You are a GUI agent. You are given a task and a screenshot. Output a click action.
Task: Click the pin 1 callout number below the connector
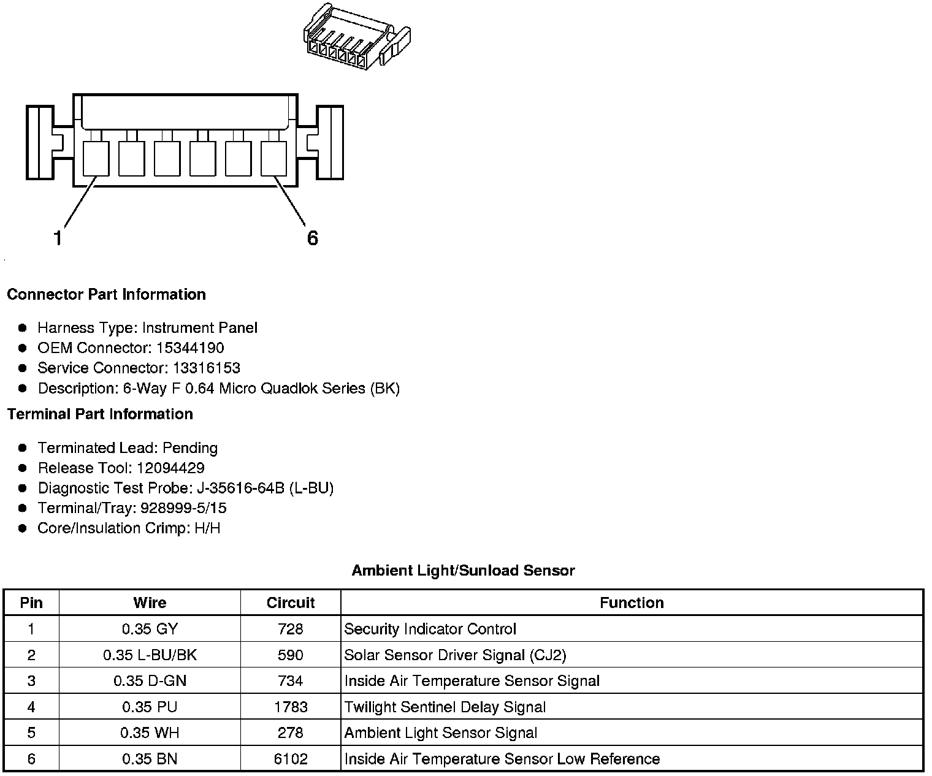(58, 238)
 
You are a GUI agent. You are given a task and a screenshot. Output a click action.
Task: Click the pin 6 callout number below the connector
(313, 238)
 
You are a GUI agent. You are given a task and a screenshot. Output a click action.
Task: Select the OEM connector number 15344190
(190, 348)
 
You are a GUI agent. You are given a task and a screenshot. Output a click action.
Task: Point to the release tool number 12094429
(170, 468)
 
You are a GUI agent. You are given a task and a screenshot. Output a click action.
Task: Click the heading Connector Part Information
(106, 295)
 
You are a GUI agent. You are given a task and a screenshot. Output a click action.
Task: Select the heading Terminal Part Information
(100, 414)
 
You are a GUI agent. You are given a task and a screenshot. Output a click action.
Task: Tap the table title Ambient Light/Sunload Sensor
(463, 571)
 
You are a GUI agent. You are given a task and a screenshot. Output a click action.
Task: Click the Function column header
(632, 603)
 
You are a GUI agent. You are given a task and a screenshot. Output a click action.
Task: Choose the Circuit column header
(291, 603)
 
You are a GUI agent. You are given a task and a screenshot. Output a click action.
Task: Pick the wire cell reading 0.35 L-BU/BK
(150, 655)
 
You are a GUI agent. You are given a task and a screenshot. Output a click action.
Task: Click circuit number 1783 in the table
(291, 707)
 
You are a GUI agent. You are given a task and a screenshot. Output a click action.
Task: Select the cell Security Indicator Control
(430, 630)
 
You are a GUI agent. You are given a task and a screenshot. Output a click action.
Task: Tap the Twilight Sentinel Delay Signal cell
(445, 707)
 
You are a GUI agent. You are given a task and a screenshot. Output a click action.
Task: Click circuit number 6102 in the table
(291, 759)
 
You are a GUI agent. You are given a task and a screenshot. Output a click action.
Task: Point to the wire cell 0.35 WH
(150, 733)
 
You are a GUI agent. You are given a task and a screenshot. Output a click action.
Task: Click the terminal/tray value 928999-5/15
(183, 508)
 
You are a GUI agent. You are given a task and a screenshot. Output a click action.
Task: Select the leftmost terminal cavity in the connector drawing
(96, 158)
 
